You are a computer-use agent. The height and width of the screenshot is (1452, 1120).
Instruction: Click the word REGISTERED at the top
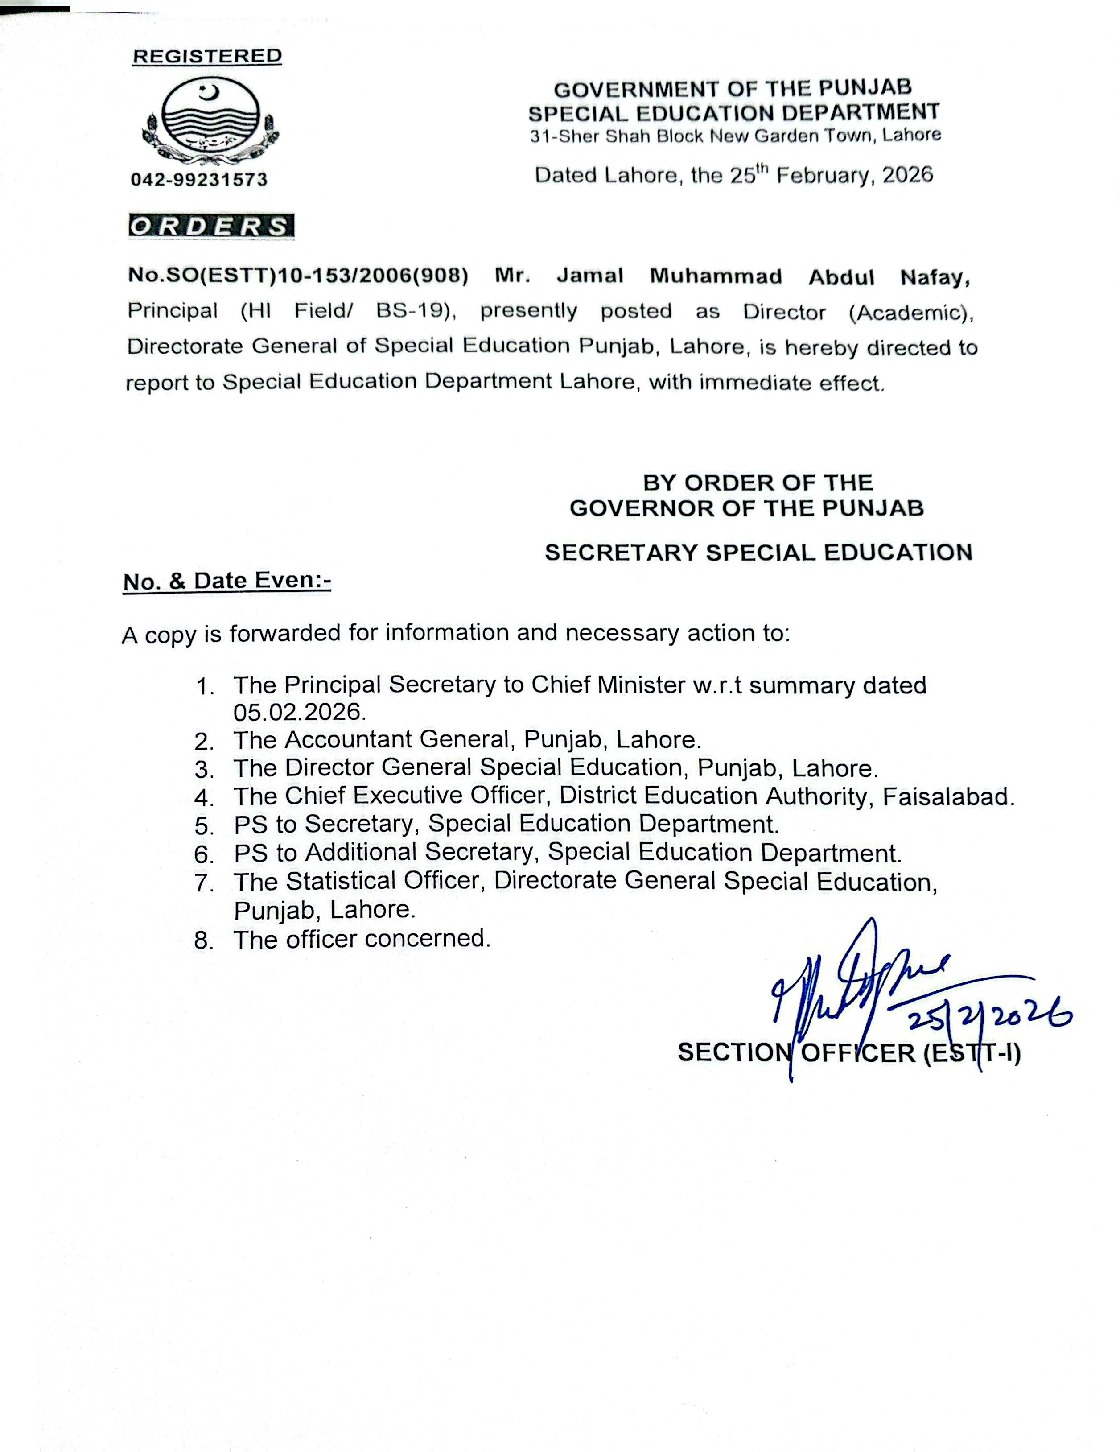[207, 57]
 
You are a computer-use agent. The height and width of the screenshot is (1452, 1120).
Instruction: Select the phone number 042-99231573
[199, 180]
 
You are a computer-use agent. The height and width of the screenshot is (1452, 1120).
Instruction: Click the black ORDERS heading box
[211, 227]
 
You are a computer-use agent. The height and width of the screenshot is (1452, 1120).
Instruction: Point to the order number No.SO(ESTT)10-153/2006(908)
[298, 275]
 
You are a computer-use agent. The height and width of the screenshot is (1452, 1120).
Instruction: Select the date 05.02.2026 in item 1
[300, 712]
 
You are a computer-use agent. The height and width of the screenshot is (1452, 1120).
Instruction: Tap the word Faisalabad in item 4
[948, 796]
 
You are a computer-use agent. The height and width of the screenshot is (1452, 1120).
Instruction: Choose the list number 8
[203, 941]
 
